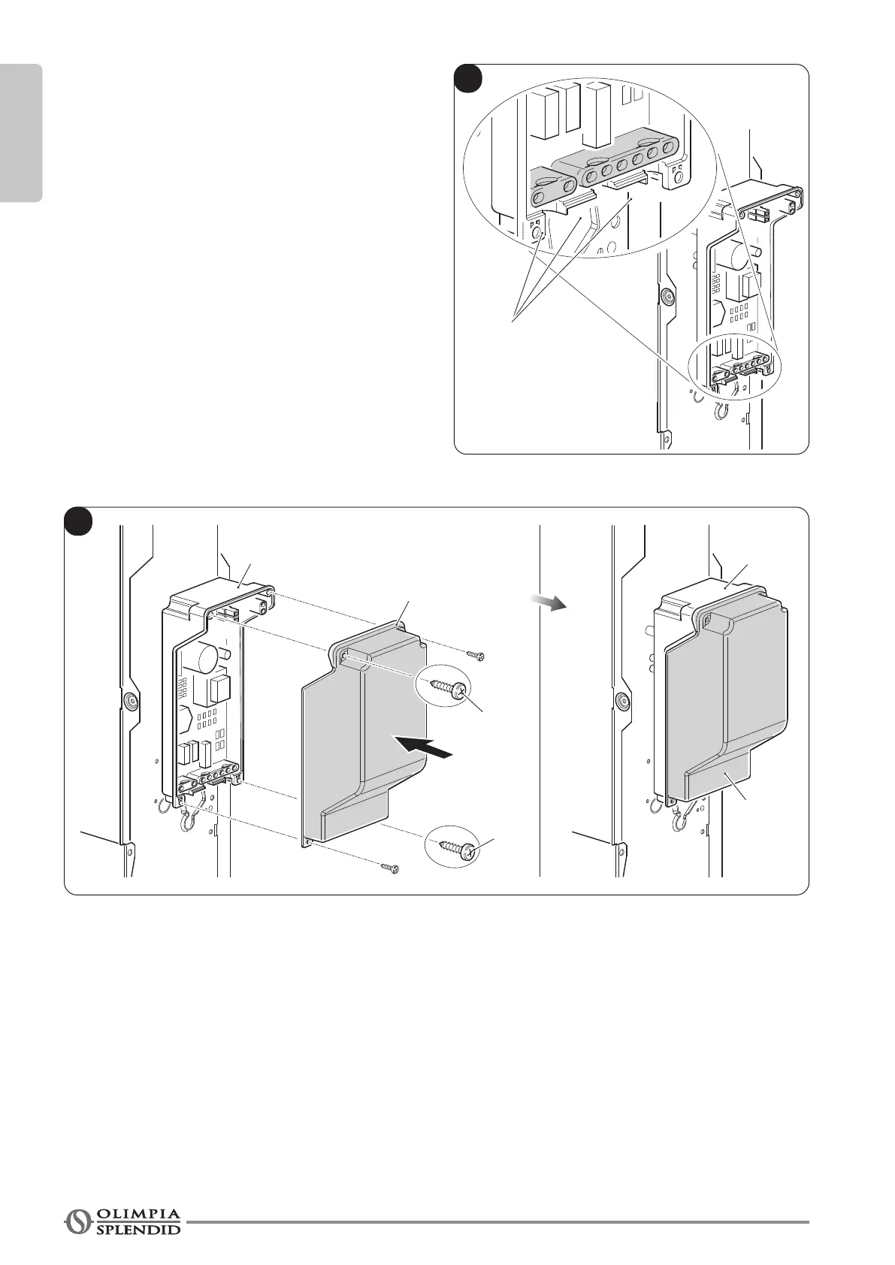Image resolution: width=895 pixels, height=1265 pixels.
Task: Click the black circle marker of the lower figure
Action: click(x=77, y=521)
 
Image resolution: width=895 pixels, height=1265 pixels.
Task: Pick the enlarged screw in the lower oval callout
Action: click(x=455, y=847)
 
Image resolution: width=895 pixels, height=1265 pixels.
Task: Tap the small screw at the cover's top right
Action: click(x=476, y=656)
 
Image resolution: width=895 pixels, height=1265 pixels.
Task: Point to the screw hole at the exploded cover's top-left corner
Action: click(x=344, y=657)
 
